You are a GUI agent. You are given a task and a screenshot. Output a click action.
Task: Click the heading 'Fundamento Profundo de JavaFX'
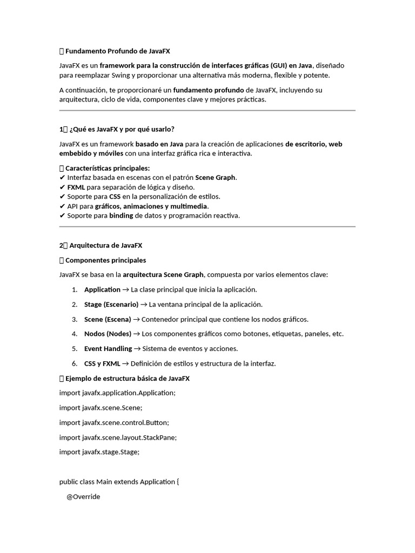tap(117, 51)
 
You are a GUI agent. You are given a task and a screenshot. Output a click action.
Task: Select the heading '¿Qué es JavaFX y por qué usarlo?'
tap(122, 129)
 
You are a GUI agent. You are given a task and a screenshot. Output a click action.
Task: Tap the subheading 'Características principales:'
tap(108, 168)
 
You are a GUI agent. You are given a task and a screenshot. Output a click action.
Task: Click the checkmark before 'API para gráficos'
tap(62, 206)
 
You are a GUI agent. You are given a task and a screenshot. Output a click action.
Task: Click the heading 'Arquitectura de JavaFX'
tap(106, 245)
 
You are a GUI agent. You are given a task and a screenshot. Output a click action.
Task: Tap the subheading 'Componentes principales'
tap(105, 260)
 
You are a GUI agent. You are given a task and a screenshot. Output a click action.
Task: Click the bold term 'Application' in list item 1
tap(102, 289)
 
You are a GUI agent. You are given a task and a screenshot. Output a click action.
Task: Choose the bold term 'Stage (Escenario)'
tap(111, 305)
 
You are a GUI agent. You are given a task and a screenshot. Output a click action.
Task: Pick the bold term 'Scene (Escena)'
tap(108, 319)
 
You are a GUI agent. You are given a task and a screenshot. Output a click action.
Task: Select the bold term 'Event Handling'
tap(108, 349)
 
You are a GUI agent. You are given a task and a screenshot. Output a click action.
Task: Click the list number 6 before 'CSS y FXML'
tap(74, 363)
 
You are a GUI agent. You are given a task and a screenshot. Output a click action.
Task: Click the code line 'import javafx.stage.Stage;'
tap(99, 452)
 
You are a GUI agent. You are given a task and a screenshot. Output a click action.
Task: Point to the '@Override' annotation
tap(83, 497)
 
